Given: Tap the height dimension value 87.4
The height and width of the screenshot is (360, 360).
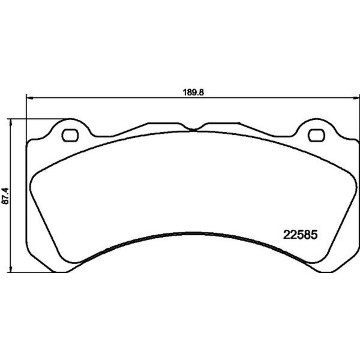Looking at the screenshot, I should tap(7, 196).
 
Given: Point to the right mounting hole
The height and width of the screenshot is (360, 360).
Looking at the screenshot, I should tap(314, 134).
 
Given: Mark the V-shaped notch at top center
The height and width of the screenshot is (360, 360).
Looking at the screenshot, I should tap(191, 129).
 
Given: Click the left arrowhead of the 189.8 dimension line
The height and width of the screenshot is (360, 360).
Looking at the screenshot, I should tap(28, 98).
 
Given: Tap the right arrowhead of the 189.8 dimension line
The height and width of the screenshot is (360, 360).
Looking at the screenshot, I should tap(358, 98).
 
